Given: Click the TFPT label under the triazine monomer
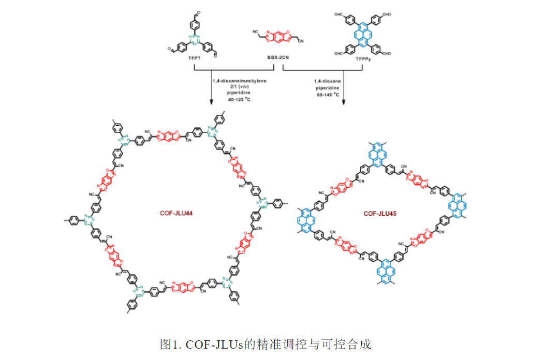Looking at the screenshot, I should click(194, 61).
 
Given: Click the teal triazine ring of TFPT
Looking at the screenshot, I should click(194, 40).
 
